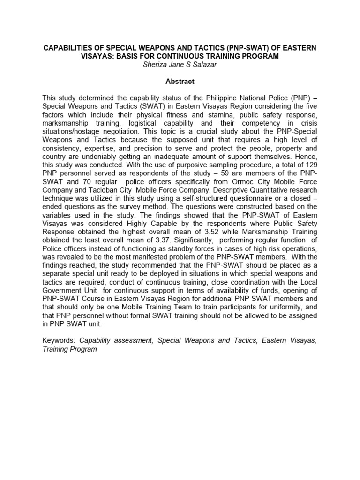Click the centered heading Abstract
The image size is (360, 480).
(x=180, y=81)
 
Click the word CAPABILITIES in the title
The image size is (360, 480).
(x=67, y=48)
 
